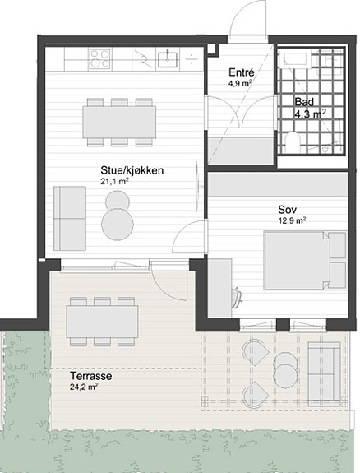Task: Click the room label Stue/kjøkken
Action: pyautogui.click(x=132, y=171)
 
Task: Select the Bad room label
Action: pyautogui.click(x=304, y=102)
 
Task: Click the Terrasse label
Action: pyautogui.click(x=90, y=376)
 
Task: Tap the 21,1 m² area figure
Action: pyautogui.click(x=114, y=181)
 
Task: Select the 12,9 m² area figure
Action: pyautogui.click(x=292, y=220)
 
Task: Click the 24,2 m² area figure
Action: pyautogui.click(x=84, y=387)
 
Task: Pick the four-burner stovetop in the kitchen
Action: pyautogui.click(x=99, y=59)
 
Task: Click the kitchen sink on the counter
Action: pyautogui.click(x=168, y=59)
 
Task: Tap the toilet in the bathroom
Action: pyautogui.click(x=293, y=142)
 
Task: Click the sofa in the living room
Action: pyautogui.click(x=70, y=218)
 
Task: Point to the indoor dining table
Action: pyautogui.click(x=119, y=122)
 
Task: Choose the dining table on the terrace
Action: pyautogui.click(x=103, y=322)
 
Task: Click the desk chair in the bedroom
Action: pyautogui.click(x=237, y=298)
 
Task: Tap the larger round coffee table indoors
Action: pyautogui.click(x=118, y=224)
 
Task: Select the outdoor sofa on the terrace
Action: pyautogui.click(x=325, y=374)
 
